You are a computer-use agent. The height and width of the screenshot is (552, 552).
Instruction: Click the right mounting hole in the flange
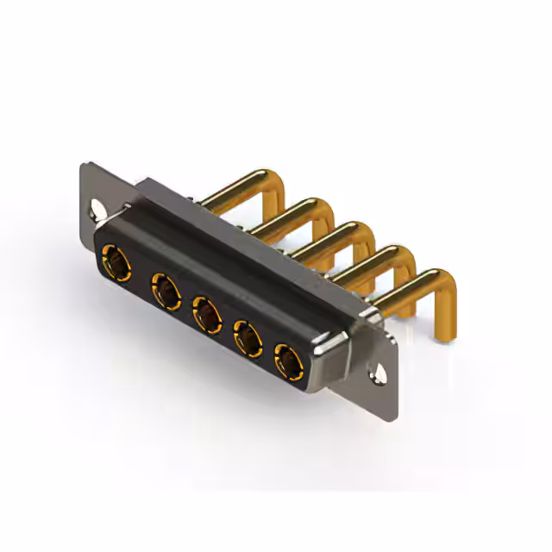pos(377,373)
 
